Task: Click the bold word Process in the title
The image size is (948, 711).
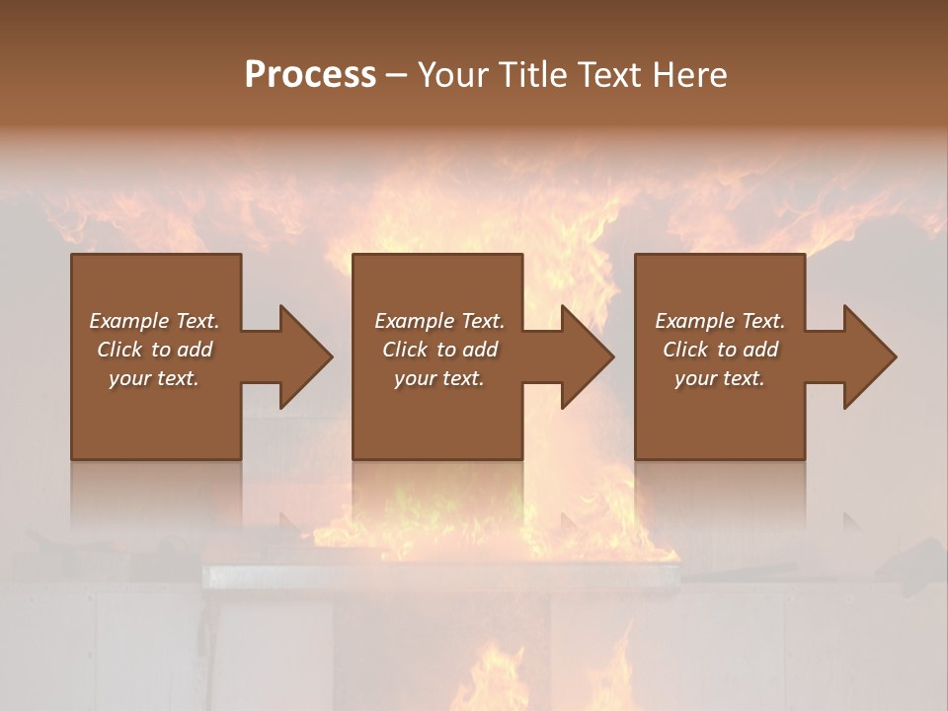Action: pyautogui.click(x=310, y=74)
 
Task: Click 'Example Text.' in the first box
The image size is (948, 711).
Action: pyautogui.click(x=154, y=321)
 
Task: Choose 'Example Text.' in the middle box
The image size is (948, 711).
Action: pyautogui.click(x=439, y=321)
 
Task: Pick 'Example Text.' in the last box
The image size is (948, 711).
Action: pyautogui.click(x=720, y=321)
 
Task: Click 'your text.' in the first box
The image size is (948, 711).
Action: pyautogui.click(x=154, y=378)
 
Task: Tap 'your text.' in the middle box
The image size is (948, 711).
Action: pyautogui.click(x=439, y=378)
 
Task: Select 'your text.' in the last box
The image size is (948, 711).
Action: pyautogui.click(x=720, y=378)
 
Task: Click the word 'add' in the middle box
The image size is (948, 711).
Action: pyautogui.click(x=480, y=350)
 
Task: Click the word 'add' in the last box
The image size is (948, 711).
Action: pyautogui.click(x=760, y=350)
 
